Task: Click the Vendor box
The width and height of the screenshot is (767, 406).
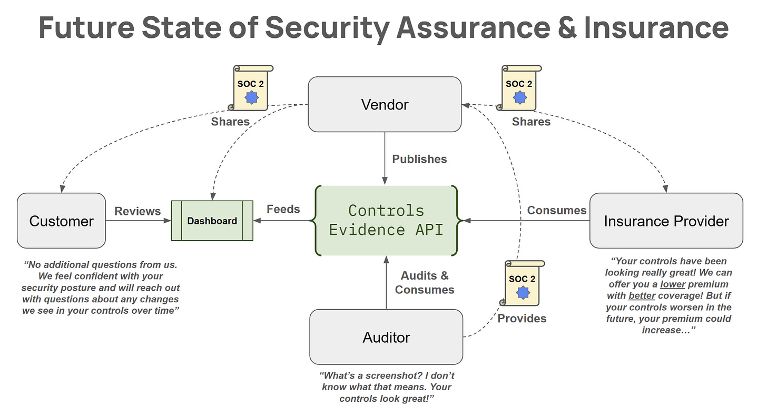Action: coord(385,104)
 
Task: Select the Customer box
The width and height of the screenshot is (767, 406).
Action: coord(61,221)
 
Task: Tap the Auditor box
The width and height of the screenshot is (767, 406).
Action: coord(386,337)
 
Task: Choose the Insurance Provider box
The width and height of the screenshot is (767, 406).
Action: coord(666,221)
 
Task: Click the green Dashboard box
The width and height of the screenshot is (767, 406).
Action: coord(212,221)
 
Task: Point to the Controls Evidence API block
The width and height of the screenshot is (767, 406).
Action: coord(386,221)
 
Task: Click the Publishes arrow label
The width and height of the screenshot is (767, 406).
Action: coord(419,159)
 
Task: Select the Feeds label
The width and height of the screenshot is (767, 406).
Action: coord(283,209)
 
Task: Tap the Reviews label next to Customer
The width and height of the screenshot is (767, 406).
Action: coord(137,211)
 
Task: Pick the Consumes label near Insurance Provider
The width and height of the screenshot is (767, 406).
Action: coord(556,211)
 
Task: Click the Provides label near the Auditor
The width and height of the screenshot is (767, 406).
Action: coord(522,319)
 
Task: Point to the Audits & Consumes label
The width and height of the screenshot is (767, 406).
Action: coord(425,282)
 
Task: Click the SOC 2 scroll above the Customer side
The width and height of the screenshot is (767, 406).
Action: coord(251,87)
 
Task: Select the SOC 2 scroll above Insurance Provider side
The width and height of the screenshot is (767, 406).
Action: coord(519,87)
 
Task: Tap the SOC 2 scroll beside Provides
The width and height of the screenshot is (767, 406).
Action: coord(522,283)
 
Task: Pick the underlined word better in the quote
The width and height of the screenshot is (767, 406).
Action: coord(642,295)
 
